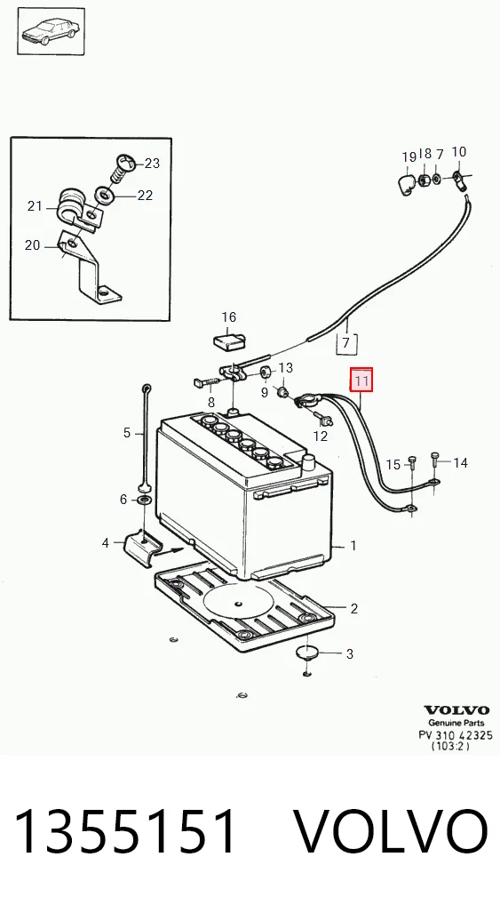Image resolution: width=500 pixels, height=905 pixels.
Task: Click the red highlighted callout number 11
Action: pyautogui.click(x=361, y=380)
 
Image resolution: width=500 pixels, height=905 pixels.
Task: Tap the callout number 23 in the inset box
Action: pyautogui.click(x=152, y=164)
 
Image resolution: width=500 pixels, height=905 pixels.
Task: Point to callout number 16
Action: pyautogui.click(x=229, y=316)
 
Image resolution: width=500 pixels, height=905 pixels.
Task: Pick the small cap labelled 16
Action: pyautogui.click(x=230, y=339)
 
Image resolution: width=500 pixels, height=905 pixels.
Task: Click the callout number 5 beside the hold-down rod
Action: pyautogui.click(x=127, y=433)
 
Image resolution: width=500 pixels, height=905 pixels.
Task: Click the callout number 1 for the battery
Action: pyautogui.click(x=353, y=545)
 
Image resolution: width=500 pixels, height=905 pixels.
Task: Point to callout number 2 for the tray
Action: pyautogui.click(x=353, y=608)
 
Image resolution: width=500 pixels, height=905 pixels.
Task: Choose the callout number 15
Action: pyautogui.click(x=393, y=465)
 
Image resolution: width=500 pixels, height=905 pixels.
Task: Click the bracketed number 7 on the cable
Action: pyautogui.click(x=346, y=343)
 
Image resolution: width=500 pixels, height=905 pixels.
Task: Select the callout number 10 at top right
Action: pyautogui.click(x=459, y=152)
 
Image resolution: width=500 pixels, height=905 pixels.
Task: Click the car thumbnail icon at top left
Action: pyautogui.click(x=51, y=31)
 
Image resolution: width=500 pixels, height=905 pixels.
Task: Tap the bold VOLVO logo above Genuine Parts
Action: pyautogui.click(x=456, y=710)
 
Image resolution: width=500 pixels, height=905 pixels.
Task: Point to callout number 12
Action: pyautogui.click(x=320, y=436)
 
